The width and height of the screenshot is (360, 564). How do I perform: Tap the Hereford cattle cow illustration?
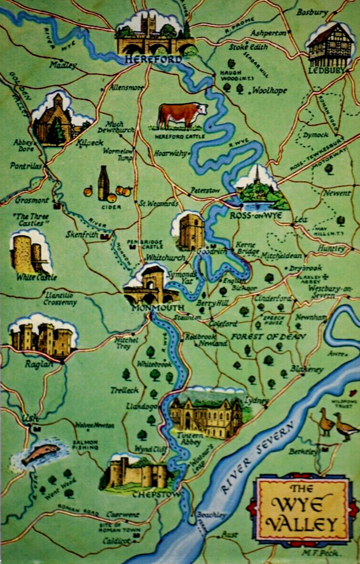click(x=181, y=114)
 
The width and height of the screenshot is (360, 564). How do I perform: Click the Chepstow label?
click(x=148, y=495)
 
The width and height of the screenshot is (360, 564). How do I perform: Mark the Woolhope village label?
click(x=269, y=90)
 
